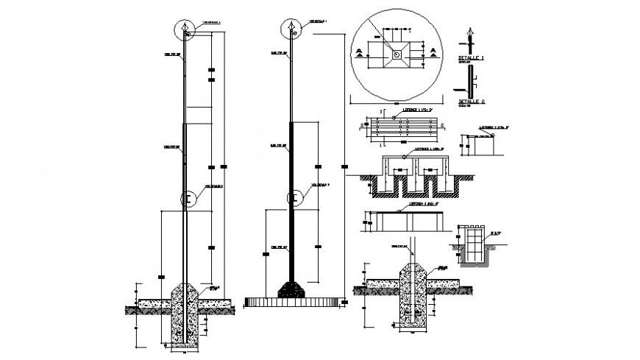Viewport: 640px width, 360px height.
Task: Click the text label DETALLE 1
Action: [470, 56]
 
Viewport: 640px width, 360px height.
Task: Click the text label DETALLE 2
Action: [470, 101]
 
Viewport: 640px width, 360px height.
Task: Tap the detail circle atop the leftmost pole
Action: [184, 30]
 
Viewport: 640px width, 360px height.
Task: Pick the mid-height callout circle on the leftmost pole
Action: [189, 199]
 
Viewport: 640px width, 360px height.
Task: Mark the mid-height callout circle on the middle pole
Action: [295, 197]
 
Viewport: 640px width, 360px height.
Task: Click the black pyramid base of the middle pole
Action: [291, 288]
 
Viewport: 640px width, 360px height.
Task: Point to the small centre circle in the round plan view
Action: [397, 52]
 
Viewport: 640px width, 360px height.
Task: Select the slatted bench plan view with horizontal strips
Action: [402, 127]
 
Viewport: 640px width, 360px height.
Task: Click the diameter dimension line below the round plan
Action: [397, 102]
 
